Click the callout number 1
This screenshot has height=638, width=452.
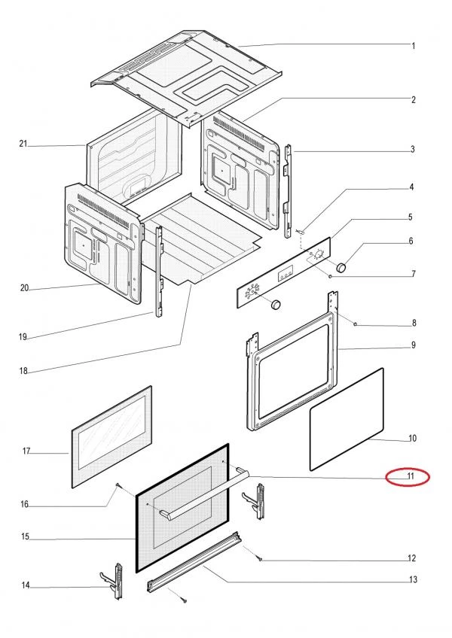(x=414, y=46)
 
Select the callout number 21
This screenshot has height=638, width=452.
(x=23, y=144)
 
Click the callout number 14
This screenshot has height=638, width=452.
(x=25, y=585)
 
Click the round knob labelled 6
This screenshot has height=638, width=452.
(x=343, y=266)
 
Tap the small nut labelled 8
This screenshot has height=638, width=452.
(x=355, y=324)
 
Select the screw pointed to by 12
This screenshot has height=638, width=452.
(x=259, y=558)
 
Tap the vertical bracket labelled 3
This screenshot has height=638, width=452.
(x=289, y=188)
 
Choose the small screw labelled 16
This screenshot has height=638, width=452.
(x=118, y=487)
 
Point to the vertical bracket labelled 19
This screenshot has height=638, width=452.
(x=159, y=271)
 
